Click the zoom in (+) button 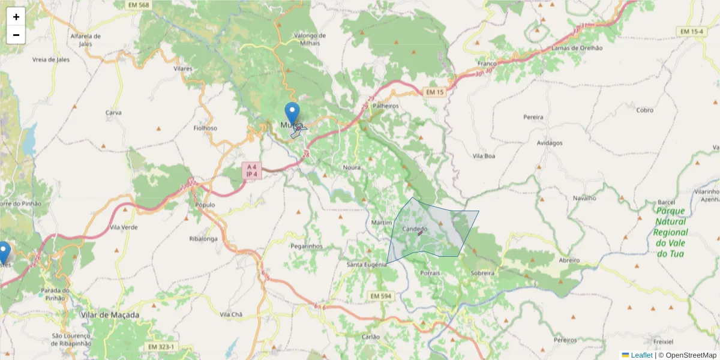tap(16, 17)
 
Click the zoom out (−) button tap(16, 35)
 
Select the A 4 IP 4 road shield tap(251, 170)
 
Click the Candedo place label tap(415, 229)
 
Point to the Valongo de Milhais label tap(310, 39)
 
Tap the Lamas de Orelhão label tap(577, 48)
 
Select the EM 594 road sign tap(380, 296)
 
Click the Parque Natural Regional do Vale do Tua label tap(670, 232)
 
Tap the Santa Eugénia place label tap(367, 264)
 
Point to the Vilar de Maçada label tap(110, 314)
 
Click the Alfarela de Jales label tap(86, 39)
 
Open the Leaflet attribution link tap(641, 355)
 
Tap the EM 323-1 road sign tap(161, 347)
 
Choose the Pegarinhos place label tap(307, 246)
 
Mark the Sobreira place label tap(482, 272)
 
